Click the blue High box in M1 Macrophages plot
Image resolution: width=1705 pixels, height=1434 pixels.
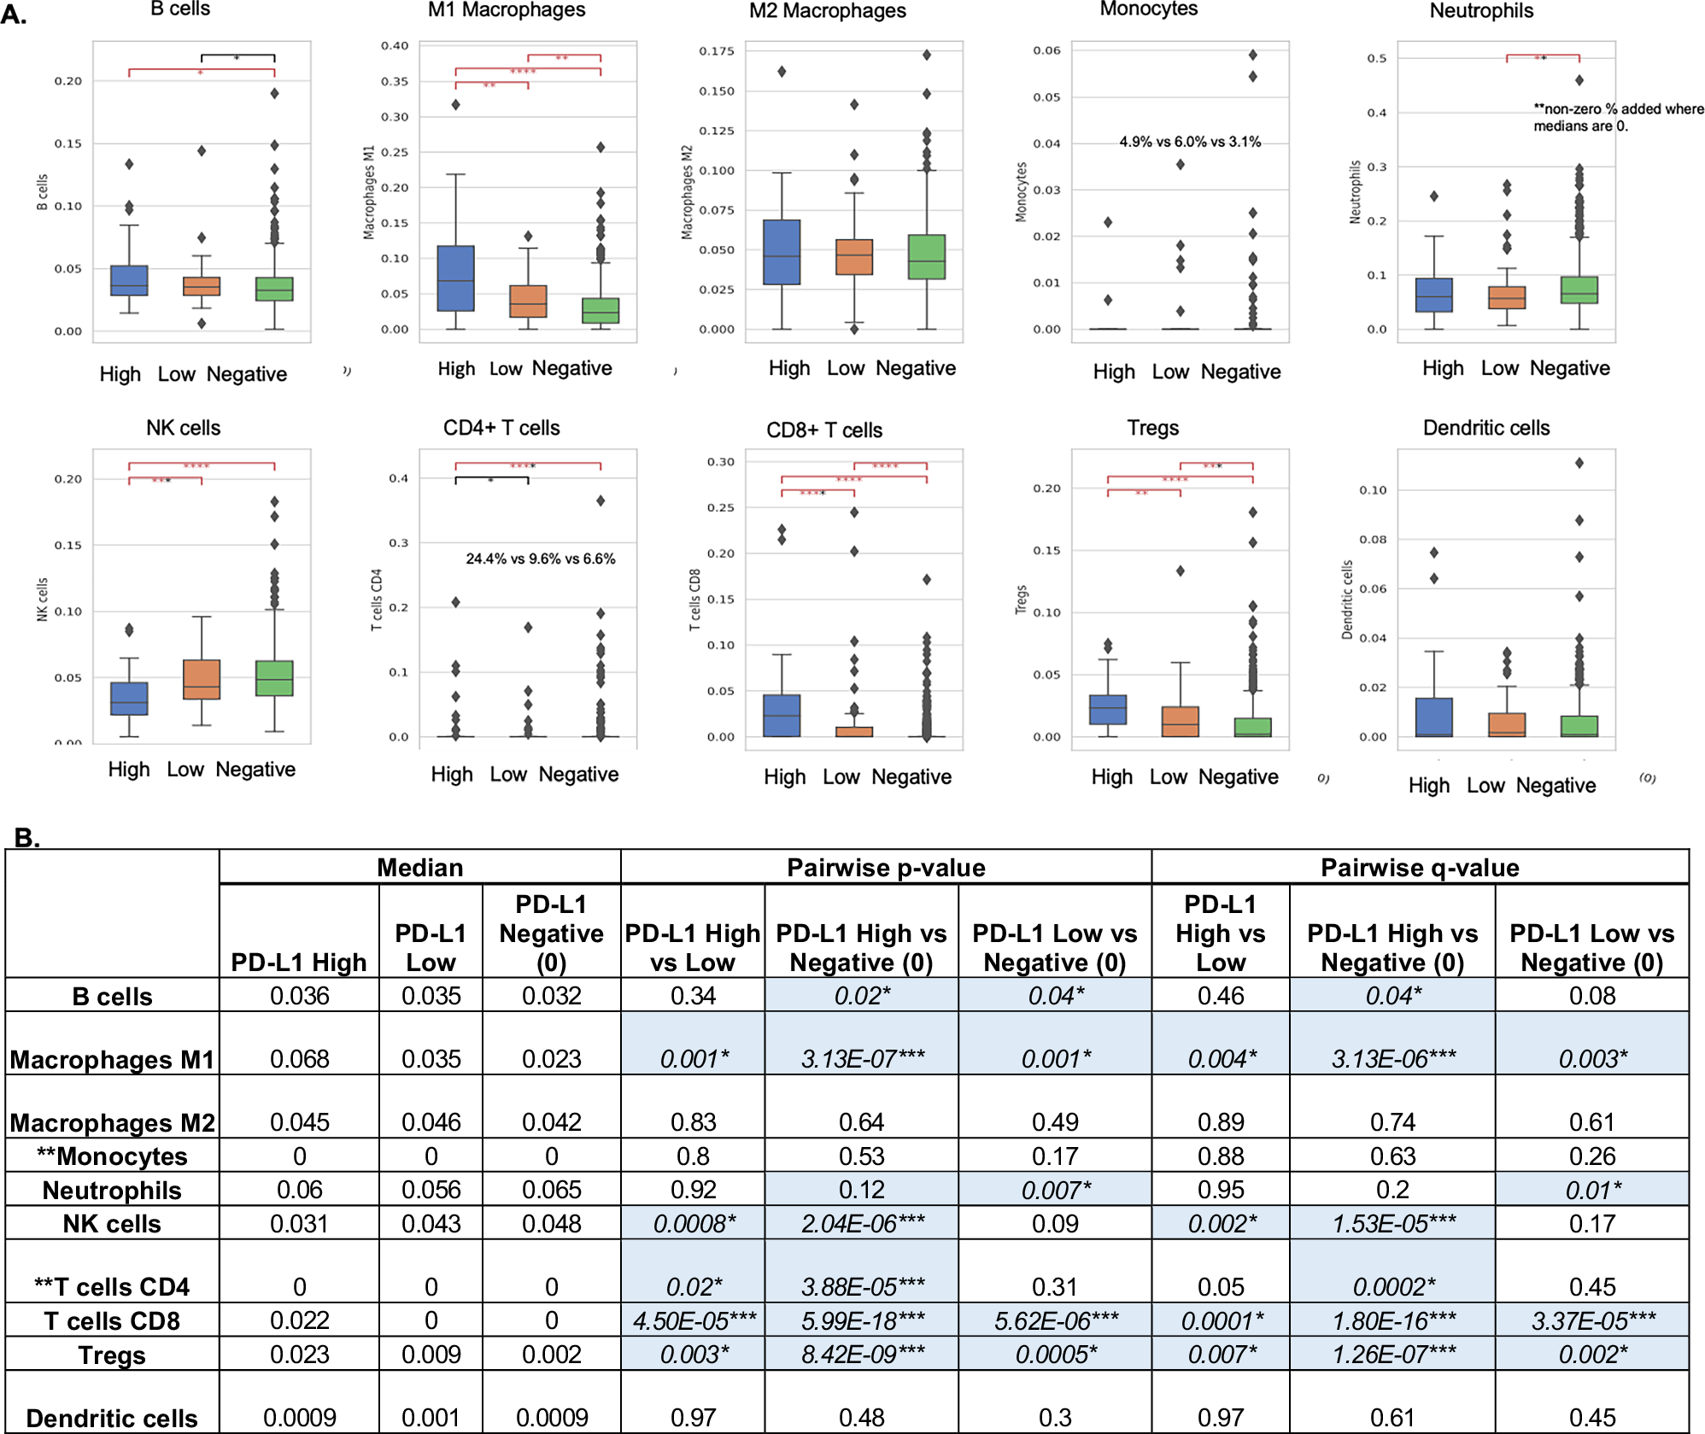455,278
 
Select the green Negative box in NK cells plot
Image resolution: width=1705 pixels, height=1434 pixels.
274,678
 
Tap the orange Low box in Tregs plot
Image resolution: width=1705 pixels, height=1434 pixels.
1180,721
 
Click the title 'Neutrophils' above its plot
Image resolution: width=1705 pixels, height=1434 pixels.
1481,11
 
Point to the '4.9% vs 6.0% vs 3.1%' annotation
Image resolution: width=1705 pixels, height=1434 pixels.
1190,142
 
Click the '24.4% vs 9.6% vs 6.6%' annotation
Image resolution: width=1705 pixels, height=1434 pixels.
540,559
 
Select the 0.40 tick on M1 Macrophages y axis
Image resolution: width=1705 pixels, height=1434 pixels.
395,46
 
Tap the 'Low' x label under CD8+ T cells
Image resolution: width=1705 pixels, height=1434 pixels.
841,776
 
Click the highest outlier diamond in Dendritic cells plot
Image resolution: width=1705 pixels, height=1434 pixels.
1579,463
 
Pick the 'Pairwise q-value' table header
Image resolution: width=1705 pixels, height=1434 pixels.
1420,868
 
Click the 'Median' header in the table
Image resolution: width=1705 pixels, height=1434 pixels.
419,868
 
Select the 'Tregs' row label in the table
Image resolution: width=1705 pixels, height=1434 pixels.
112,1355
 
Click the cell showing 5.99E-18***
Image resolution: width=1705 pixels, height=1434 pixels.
862,1321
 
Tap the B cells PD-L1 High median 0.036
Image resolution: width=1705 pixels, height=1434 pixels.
299,996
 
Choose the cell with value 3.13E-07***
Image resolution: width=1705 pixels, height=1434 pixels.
862,1059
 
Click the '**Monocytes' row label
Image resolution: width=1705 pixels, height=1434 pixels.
112,1156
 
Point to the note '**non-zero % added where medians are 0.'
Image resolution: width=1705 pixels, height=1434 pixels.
1617,117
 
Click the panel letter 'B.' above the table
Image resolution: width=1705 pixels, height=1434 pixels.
27,837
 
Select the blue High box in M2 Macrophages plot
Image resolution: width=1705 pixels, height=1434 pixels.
782,252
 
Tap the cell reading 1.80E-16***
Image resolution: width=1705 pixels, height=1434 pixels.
1393,1321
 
